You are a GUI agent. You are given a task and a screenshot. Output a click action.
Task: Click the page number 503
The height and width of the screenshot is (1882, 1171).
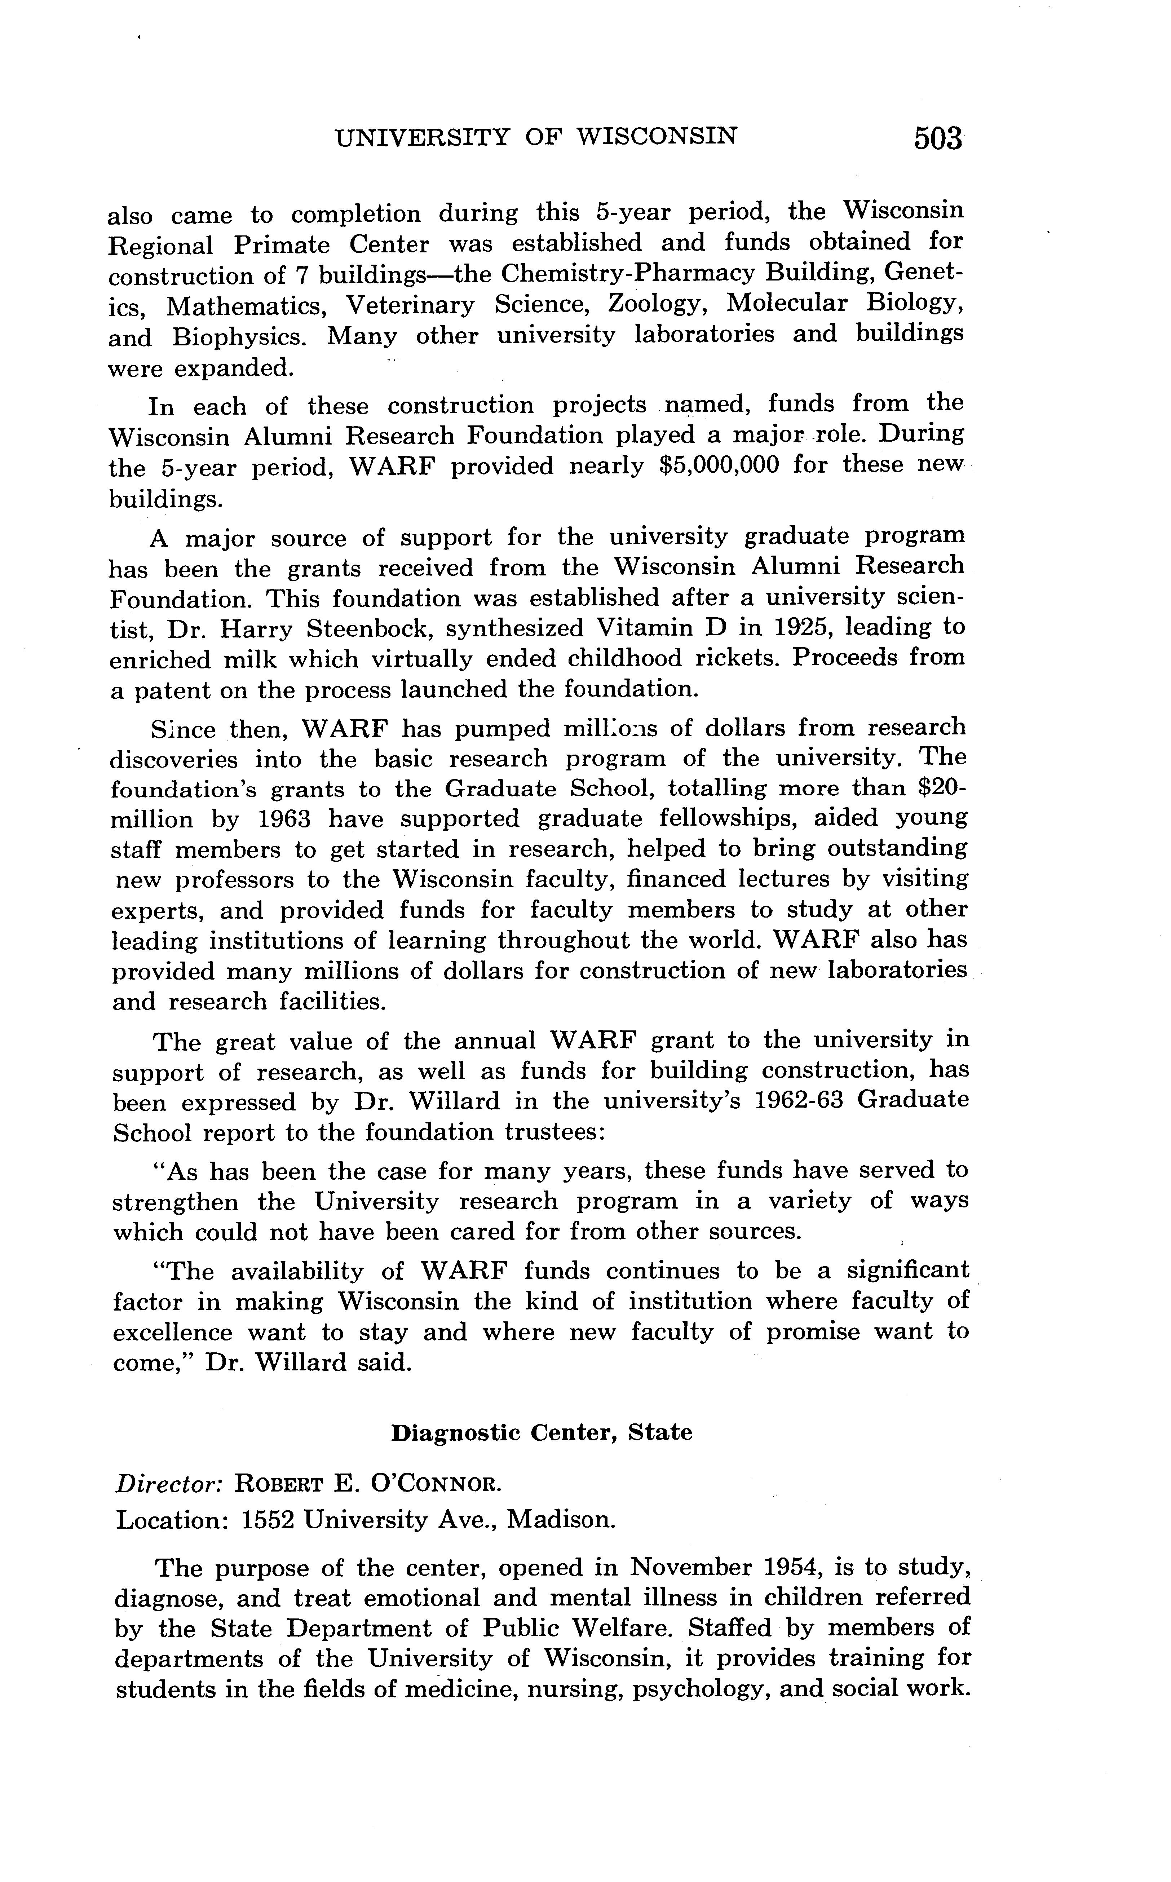(x=937, y=138)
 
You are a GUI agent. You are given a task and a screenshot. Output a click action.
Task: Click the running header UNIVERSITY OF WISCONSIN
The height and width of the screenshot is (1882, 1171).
(x=536, y=137)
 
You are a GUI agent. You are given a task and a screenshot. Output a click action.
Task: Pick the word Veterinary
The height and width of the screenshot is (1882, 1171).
(x=410, y=305)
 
